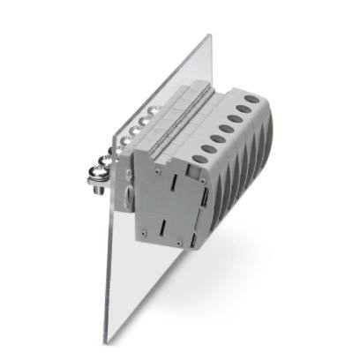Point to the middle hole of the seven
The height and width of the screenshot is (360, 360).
[227, 129]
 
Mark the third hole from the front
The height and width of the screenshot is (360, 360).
[218, 139]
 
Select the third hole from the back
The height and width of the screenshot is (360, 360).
[236, 119]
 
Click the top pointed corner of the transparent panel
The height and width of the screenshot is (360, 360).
[209, 35]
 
